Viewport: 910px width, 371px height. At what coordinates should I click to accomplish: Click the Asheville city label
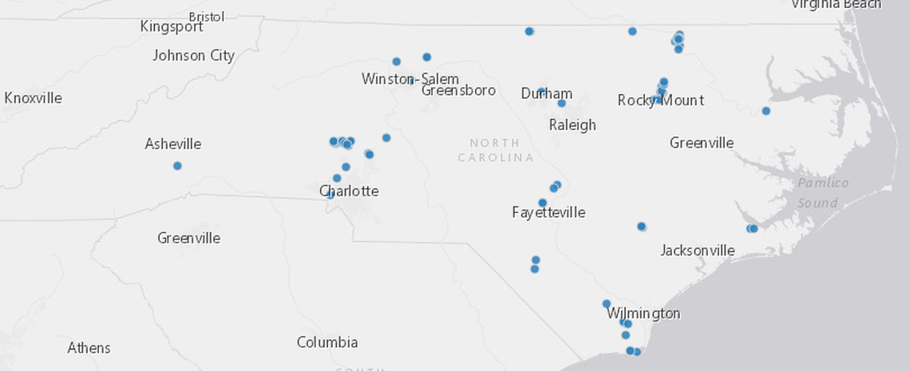coord(172,144)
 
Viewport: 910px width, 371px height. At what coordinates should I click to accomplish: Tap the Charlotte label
coord(349,191)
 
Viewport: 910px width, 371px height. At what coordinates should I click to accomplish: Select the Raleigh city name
coord(572,125)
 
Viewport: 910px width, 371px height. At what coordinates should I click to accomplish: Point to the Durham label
coord(547,94)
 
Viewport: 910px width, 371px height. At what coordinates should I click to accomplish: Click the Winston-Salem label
coord(409,79)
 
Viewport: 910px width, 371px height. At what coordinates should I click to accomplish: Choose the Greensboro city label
coord(458,90)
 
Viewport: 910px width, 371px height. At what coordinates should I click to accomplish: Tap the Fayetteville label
coord(548,213)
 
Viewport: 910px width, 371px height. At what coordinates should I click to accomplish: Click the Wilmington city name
coord(643,314)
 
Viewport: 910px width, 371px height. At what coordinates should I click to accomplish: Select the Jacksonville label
coord(697,251)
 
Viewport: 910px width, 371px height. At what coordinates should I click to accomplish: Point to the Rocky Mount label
coord(660,101)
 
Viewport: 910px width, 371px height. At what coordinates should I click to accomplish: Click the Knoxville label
coord(33,98)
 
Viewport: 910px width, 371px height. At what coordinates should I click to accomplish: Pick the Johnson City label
coord(193,56)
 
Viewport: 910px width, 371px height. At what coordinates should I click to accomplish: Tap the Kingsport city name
coord(172,27)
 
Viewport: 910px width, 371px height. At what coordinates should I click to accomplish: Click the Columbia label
coord(327,343)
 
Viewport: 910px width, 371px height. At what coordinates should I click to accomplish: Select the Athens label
coord(89,349)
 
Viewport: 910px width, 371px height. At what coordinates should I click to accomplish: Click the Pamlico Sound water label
coord(822,193)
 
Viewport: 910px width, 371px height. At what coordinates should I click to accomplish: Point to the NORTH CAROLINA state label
coord(496,150)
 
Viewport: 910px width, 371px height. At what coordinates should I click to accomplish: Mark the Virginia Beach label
coord(836,5)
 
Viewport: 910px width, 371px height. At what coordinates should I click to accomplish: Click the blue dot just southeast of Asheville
coord(177,166)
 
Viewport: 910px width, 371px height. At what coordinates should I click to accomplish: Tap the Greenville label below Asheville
coord(188,239)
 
